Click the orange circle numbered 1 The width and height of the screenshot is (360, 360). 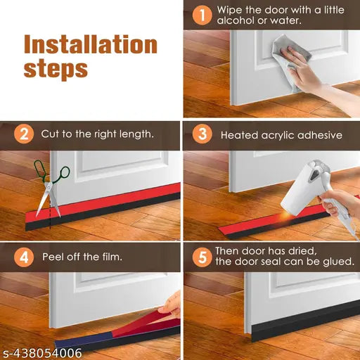point(202,15)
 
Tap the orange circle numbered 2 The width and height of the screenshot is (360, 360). point(24,134)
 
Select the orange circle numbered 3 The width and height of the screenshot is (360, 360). point(202,134)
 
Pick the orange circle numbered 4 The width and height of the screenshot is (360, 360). point(24,257)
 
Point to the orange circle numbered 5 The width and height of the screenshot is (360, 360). point(202,257)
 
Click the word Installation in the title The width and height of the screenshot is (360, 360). point(91,44)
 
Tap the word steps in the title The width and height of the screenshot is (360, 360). point(56,69)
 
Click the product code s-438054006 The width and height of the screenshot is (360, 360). point(41,353)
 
